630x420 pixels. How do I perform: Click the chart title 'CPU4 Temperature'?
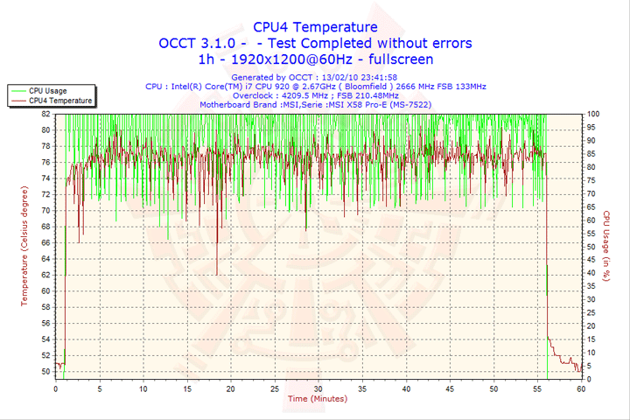click(x=315, y=27)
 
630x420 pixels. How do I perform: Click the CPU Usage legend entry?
click(x=47, y=90)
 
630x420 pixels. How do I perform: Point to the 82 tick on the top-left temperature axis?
click(x=45, y=114)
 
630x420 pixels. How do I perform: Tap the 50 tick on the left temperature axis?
click(x=45, y=371)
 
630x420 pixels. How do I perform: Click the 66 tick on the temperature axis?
click(x=45, y=242)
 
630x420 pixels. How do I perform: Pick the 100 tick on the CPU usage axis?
click(x=593, y=114)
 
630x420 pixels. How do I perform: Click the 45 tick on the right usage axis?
click(x=591, y=260)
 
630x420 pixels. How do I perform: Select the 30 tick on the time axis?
click(x=318, y=388)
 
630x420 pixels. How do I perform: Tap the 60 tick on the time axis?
click(x=581, y=388)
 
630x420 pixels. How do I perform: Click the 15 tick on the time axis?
click(x=187, y=388)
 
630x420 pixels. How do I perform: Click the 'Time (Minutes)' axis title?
click(x=317, y=399)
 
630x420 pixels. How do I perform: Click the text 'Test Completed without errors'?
click(x=369, y=43)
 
